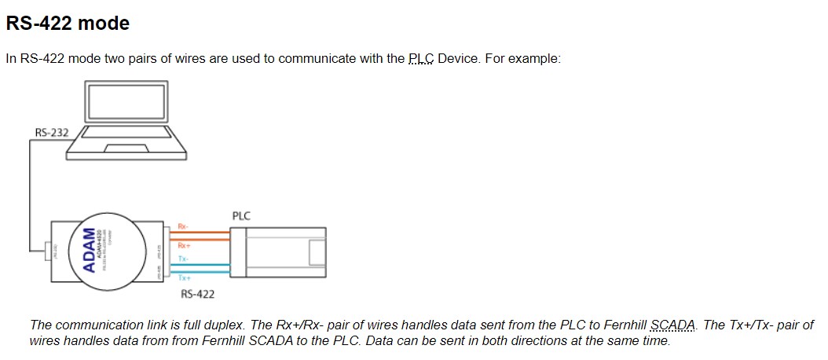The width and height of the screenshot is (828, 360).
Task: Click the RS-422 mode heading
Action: coord(68,24)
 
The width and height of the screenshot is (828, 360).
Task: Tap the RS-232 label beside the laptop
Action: coord(52,132)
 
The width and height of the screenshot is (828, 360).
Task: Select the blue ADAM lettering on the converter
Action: coord(90,251)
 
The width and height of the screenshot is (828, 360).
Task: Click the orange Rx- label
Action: coord(182,226)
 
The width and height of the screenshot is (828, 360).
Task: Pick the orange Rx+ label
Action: coord(183,246)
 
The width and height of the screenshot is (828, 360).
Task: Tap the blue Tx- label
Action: coord(182,258)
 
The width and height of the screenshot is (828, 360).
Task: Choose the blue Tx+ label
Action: coord(184,278)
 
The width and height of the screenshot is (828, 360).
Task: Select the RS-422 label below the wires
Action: coord(197,294)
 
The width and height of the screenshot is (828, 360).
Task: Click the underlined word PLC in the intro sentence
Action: coord(421,59)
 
